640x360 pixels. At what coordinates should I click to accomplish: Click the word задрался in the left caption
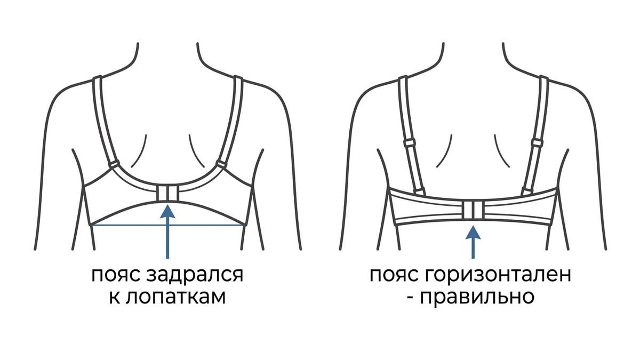[195, 275]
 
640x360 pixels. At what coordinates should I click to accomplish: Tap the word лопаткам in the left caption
[175, 297]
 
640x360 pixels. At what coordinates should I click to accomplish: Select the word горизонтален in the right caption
[498, 275]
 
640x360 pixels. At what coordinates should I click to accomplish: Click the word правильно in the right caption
[477, 298]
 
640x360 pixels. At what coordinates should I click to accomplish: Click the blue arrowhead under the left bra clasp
[167, 211]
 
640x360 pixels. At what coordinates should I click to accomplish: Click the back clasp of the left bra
[167, 193]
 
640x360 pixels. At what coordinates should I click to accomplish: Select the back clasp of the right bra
[474, 211]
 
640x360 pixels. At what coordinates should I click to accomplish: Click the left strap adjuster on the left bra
[114, 164]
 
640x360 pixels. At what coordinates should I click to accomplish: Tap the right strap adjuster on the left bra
[221, 164]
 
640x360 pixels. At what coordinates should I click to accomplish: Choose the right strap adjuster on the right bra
[537, 142]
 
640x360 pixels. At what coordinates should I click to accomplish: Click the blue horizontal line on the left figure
[168, 226]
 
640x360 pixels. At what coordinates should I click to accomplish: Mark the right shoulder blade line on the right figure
[501, 151]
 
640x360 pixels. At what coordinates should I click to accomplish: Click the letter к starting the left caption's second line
[114, 298]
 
